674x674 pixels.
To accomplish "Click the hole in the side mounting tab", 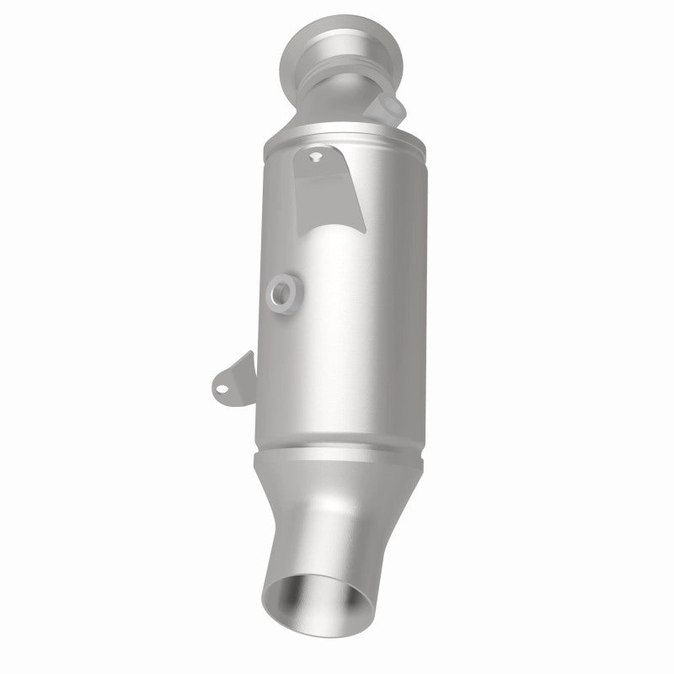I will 221,388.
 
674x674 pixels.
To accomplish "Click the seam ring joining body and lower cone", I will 337,455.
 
